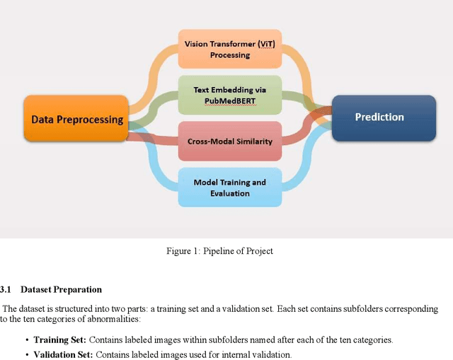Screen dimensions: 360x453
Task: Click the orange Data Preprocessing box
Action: [x=76, y=119]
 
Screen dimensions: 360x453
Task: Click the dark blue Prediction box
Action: [x=379, y=117]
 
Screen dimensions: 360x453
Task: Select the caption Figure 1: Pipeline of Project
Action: [x=219, y=251]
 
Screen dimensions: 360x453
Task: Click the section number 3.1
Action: [x=6, y=289]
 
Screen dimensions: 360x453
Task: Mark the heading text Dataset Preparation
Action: [x=61, y=289]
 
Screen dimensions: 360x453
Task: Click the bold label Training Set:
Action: [x=59, y=339]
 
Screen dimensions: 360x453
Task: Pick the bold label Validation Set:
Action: [x=63, y=354]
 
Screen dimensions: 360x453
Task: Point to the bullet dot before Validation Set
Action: [x=27, y=354]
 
